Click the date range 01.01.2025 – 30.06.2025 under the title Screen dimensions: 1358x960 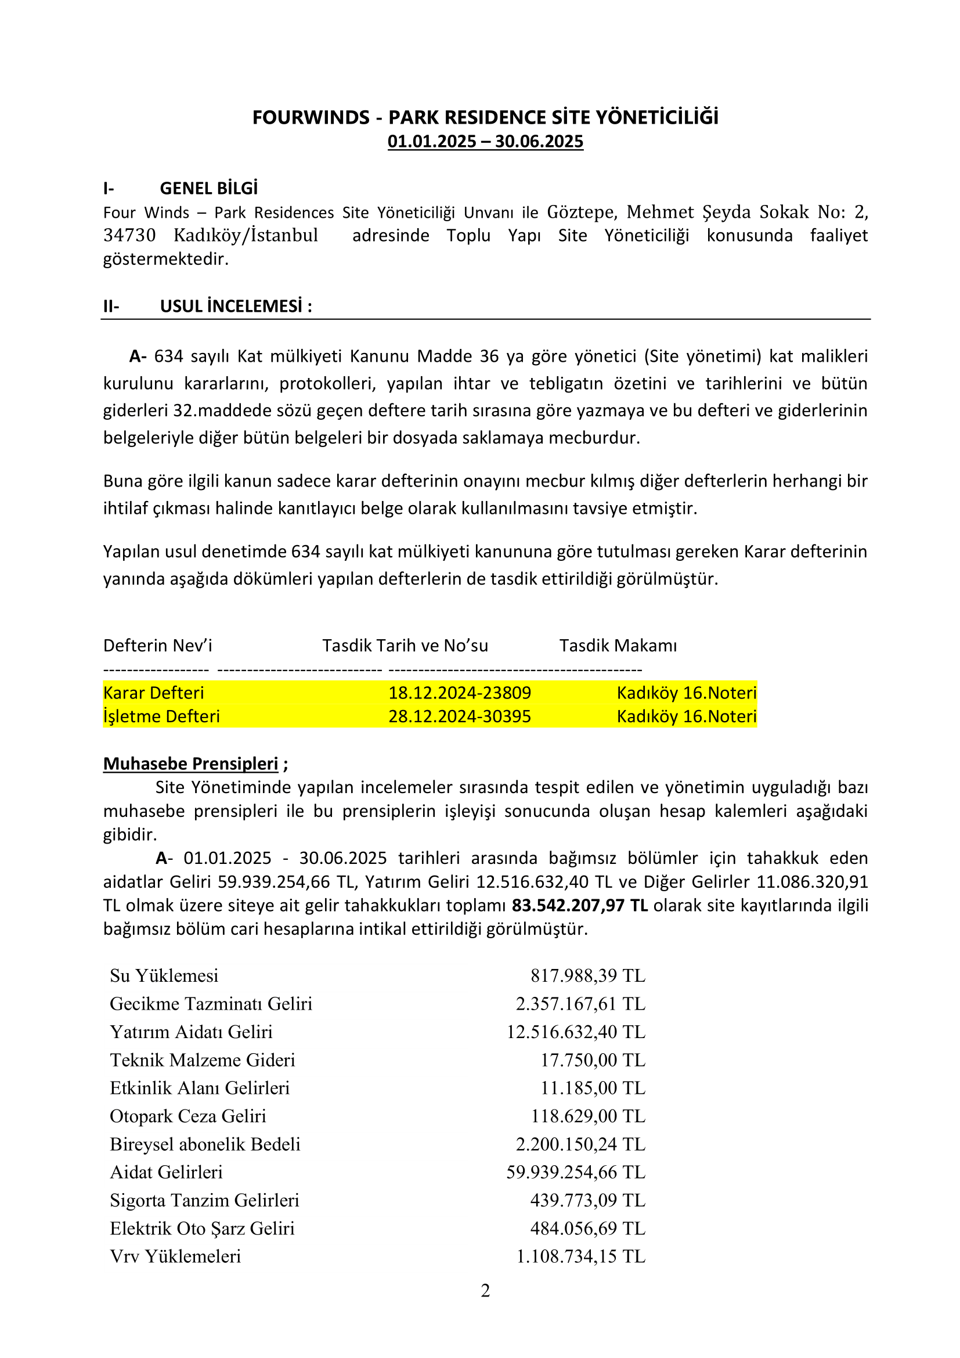485,141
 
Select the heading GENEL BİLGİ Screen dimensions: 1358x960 209,188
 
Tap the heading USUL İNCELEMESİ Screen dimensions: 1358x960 235,306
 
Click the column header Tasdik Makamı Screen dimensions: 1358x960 618,645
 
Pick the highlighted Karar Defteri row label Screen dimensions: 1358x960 154,693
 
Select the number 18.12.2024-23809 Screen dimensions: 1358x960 459,693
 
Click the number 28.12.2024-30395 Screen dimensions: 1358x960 459,716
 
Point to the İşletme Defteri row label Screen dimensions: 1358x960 161,716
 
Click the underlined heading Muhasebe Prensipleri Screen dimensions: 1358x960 190,763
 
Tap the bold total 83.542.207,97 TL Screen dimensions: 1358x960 579,906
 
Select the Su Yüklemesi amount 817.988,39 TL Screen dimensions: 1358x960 587,976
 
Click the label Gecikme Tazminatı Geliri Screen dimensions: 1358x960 211,1004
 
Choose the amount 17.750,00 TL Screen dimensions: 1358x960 593,1060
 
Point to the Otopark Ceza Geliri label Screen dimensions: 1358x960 188,1116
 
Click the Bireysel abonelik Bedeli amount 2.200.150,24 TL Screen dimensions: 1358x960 580,1144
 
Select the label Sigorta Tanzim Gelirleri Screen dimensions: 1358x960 204,1201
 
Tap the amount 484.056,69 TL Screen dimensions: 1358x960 587,1229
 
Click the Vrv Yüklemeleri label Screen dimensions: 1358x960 175,1256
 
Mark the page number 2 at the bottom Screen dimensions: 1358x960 485,1291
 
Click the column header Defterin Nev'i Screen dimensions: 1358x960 158,645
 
